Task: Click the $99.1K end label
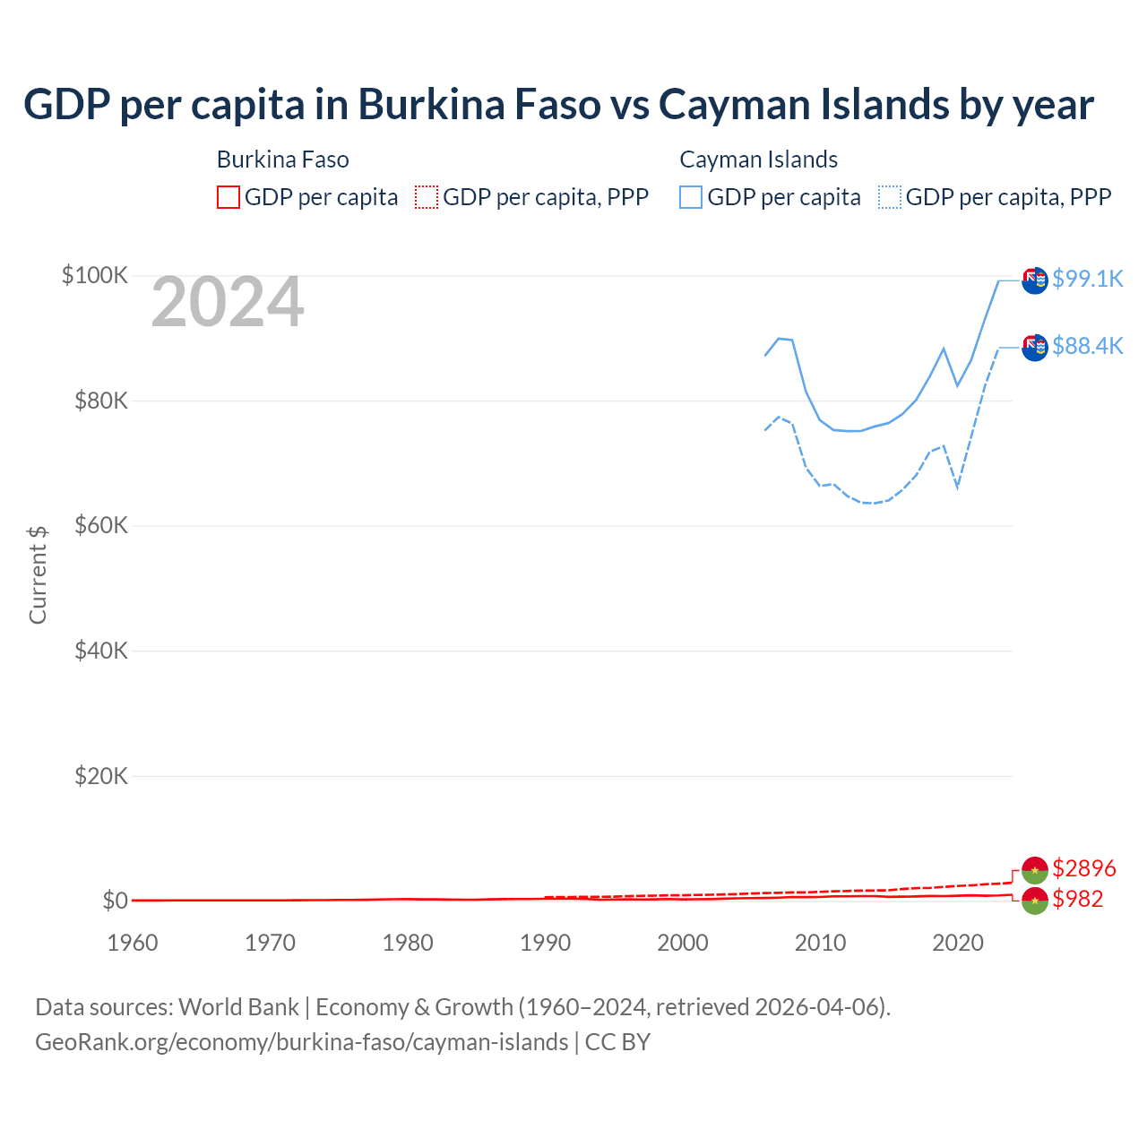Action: pos(1087,279)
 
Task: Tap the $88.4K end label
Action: pos(1087,346)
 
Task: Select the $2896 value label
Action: pos(1083,868)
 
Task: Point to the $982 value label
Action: pos(1077,899)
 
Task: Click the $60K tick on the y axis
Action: pos(101,525)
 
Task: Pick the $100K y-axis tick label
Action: pos(95,275)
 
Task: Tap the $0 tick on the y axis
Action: pos(115,901)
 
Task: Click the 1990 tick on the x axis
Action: pos(546,943)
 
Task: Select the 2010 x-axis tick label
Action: pos(821,943)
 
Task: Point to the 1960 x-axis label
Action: pos(133,943)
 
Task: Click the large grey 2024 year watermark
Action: pos(228,303)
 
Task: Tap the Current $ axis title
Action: pos(38,575)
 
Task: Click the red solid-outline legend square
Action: pos(229,197)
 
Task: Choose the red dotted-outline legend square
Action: pos(427,197)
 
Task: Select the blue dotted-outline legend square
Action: pos(890,197)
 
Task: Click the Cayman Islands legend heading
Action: pos(758,160)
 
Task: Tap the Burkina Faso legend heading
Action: pos(283,160)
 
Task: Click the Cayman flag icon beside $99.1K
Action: pos(1035,280)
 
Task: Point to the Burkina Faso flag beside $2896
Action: pos(1035,870)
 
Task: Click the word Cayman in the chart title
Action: pos(722,105)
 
